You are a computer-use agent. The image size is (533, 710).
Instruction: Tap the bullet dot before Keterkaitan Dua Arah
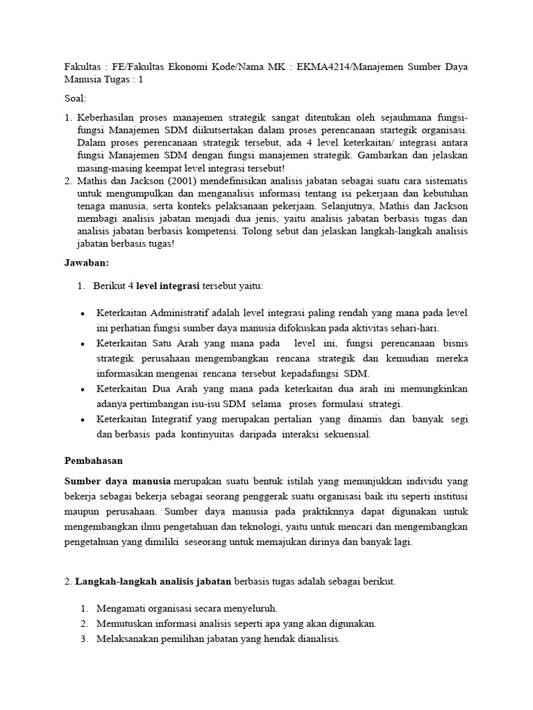point(82,390)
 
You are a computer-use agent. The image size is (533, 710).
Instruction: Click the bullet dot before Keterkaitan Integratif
point(82,420)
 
